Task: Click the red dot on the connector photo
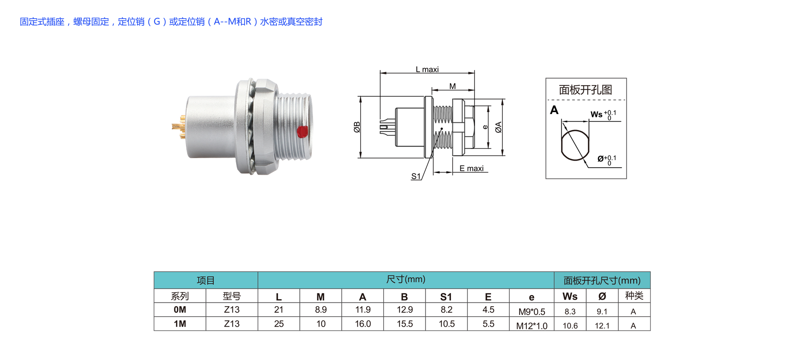[x=302, y=132]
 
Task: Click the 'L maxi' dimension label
[x=427, y=69]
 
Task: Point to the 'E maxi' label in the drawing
[x=472, y=168]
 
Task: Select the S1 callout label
[x=416, y=176]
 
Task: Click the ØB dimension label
[x=357, y=127]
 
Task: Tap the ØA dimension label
[x=499, y=127]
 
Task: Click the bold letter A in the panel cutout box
[x=554, y=110]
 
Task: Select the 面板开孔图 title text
[x=585, y=90]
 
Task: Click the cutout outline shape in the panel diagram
[x=575, y=145]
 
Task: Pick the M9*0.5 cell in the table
[x=532, y=312]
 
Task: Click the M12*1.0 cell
[x=532, y=326]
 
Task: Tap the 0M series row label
[x=180, y=310]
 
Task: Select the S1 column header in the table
[x=446, y=297]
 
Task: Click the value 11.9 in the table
[x=363, y=310]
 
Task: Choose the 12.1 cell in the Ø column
[x=602, y=326]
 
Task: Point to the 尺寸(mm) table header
[x=406, y=279]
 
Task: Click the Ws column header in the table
[x=570, y=296]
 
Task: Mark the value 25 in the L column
[x=279, y=324]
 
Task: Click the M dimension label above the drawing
[x=452, y=86]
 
